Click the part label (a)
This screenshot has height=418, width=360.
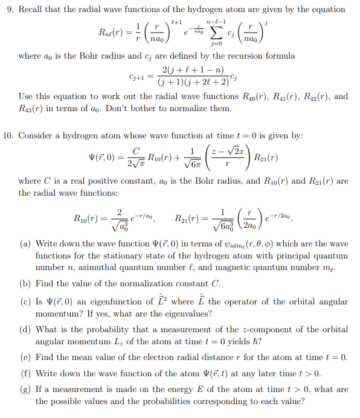[26, 244]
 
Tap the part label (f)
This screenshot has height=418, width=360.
[25, 372]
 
